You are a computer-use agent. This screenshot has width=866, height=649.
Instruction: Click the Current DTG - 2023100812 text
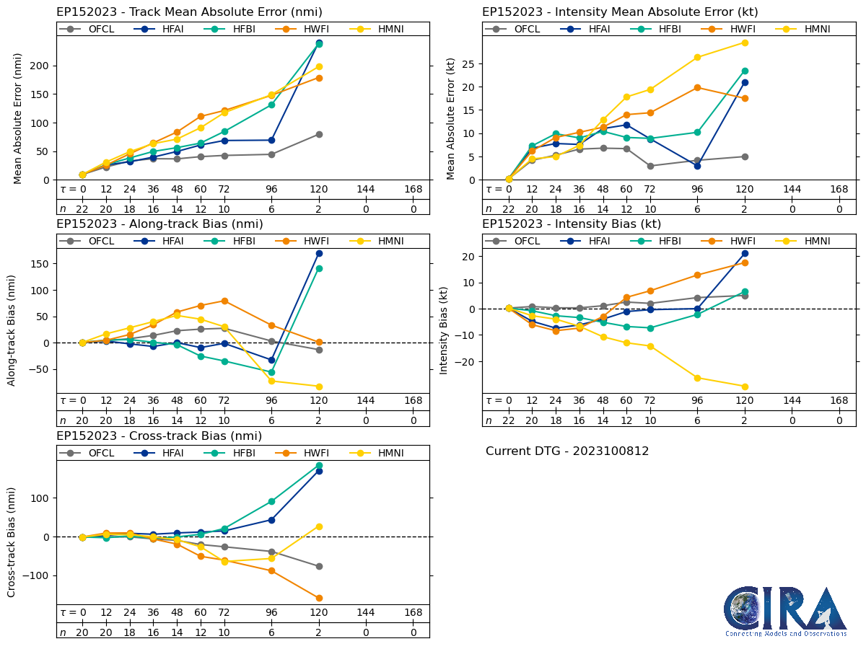(567, 451)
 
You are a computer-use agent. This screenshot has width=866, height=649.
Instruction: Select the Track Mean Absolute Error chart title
(189, 12)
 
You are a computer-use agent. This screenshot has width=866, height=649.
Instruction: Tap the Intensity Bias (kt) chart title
(572, 224)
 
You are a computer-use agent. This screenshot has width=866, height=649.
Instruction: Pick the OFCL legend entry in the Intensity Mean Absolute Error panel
(513, 29)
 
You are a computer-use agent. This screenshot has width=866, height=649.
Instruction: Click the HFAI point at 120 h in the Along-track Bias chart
(319, 253)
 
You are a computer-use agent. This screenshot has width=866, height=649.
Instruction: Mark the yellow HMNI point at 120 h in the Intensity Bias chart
(745, 387)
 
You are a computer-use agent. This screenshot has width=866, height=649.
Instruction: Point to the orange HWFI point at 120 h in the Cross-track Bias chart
(319, 598)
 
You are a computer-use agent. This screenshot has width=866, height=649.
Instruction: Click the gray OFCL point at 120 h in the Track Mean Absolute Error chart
(319, 134)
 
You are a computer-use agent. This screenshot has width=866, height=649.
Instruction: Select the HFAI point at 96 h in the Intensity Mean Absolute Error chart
(697, 166)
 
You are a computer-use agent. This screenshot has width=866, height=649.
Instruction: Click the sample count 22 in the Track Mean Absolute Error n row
(82, 209)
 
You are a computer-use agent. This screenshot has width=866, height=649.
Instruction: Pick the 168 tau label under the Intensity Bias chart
(839, 401)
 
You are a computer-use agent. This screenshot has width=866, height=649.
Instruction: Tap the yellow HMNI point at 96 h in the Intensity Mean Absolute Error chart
(697, 57)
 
